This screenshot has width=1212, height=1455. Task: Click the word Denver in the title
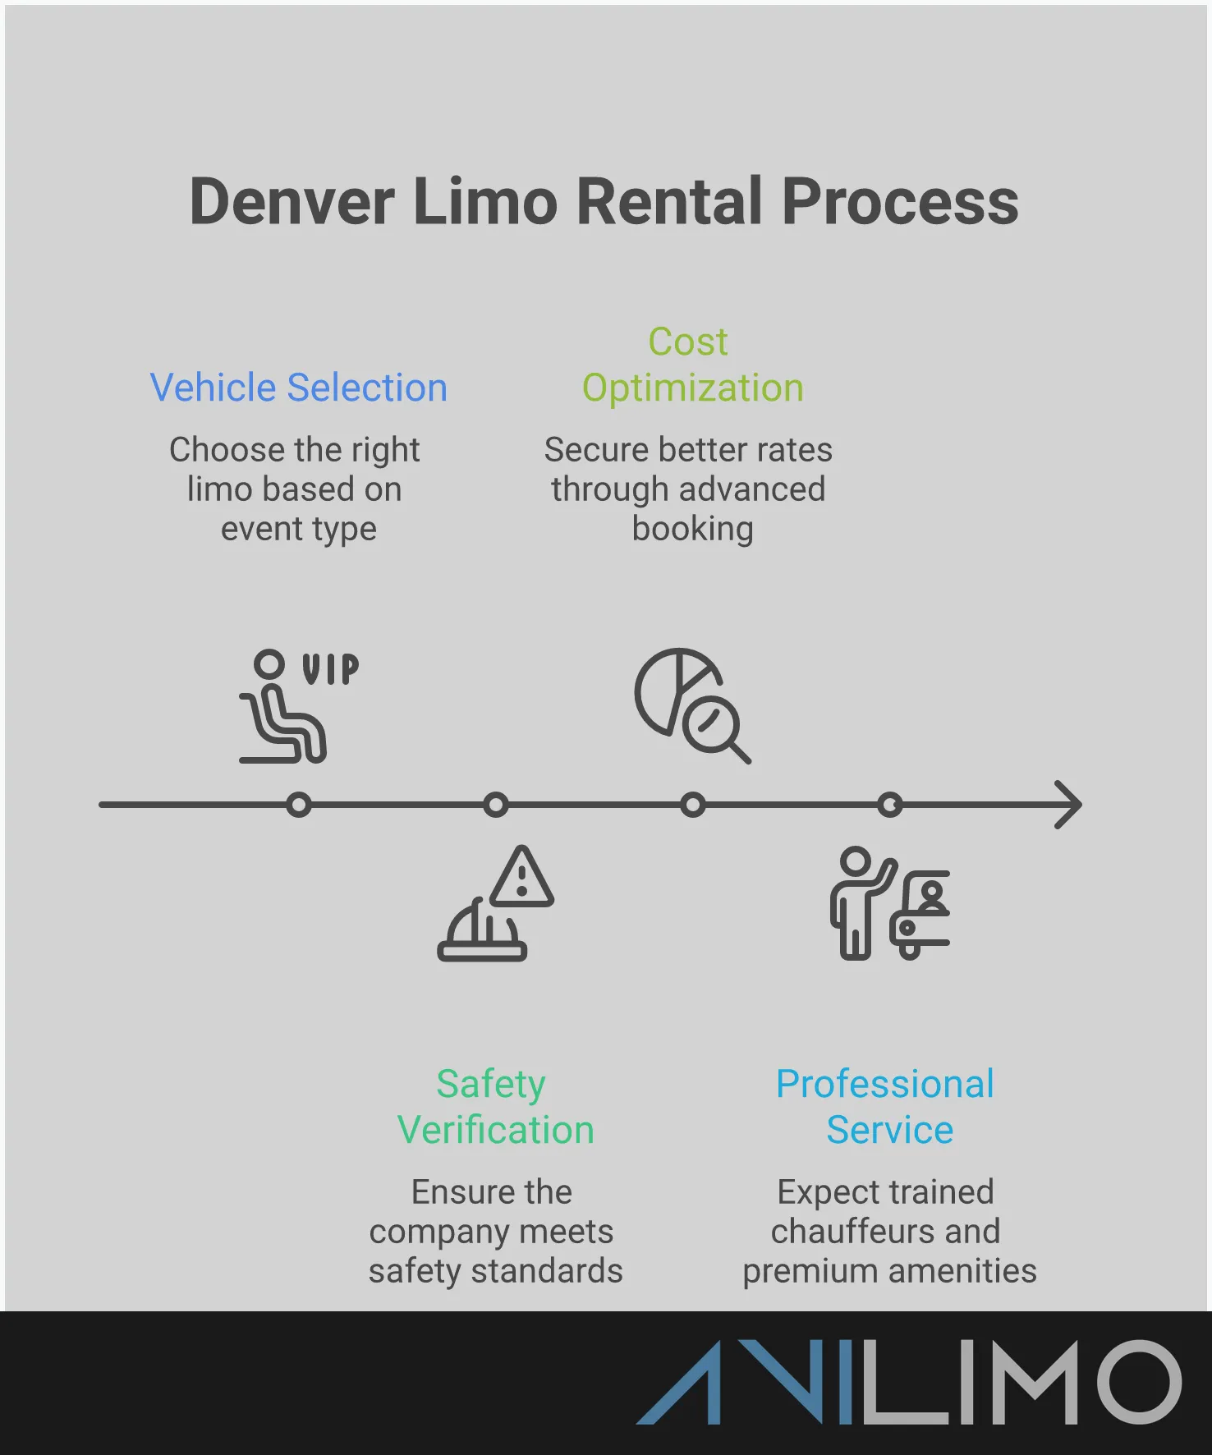(292, 202)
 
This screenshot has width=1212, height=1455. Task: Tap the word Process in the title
(900, 202)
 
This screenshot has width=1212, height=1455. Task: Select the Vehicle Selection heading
(298, 388)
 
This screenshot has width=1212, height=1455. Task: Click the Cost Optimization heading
(691, 365)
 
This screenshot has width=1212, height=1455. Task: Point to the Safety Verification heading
(494, 1107)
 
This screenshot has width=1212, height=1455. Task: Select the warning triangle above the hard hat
(522, 878)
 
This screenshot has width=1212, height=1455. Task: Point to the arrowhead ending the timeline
(1069, 805)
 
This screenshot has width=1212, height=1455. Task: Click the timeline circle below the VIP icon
(299, 805)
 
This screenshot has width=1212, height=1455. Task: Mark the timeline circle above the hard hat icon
(496, 805)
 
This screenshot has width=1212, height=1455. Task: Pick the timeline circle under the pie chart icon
(693, 805)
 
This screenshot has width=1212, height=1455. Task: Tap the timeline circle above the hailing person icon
(890, 805)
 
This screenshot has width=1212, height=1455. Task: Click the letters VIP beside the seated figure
(330, 669)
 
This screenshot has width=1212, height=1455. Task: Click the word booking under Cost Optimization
(692, 529)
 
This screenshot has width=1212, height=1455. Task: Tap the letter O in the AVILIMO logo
(1140, 1382)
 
